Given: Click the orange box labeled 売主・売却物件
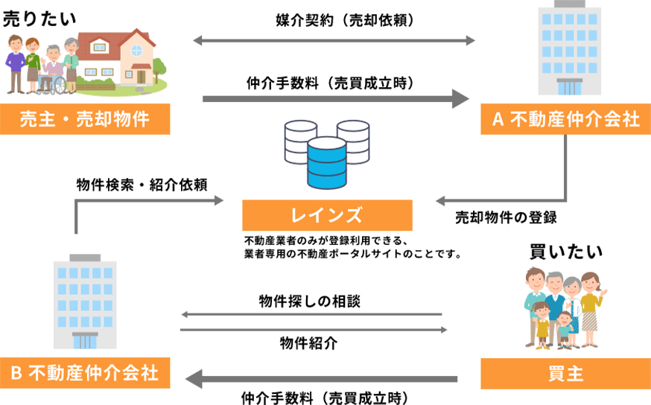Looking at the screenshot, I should (85, 119).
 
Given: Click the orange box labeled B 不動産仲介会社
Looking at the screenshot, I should (85, 373).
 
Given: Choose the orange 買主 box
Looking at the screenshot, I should (565, 373).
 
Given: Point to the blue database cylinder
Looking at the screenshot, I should (326, 162).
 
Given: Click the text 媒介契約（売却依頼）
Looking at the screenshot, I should (334, 21).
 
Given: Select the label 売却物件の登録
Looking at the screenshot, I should (506, 218).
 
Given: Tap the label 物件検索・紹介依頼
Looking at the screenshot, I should (142, 184).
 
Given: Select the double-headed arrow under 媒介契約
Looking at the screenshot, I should (334, 40).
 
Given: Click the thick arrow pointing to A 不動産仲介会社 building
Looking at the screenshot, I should (335, 98).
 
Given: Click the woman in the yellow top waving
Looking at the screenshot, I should (590, 309).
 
